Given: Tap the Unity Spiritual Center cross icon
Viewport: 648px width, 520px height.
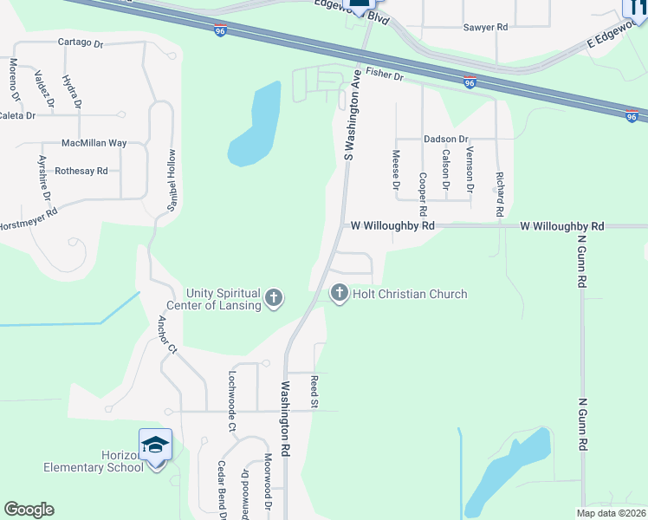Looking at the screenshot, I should tap(274, 300).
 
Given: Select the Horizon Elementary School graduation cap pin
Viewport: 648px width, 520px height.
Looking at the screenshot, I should tap(155, 445).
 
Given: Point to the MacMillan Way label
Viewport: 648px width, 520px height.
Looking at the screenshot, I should tap(94, 143).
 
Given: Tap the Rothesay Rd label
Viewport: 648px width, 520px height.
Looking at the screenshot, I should tap(81, 172).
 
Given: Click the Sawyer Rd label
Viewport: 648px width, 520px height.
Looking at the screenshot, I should tap(484, 28).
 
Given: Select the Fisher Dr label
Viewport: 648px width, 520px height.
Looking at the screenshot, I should tap(385, 76).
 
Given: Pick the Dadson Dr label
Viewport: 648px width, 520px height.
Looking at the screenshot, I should tap(445, 139).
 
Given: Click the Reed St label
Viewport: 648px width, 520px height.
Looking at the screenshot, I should tap(314, 389).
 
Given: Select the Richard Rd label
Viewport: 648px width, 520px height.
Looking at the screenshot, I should tap(500, 194).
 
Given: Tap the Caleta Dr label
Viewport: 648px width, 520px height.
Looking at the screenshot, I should tap(17, 115).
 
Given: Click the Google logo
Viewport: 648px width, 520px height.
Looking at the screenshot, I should tap(29, 510).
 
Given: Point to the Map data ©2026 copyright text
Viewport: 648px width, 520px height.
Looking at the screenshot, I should tap(610, 513).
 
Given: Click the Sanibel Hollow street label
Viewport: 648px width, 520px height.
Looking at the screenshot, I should tap(171, 184).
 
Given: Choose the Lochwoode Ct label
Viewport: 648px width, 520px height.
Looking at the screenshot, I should tap(231, 401).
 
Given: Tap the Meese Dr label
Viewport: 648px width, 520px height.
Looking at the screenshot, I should tap(396, 170).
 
